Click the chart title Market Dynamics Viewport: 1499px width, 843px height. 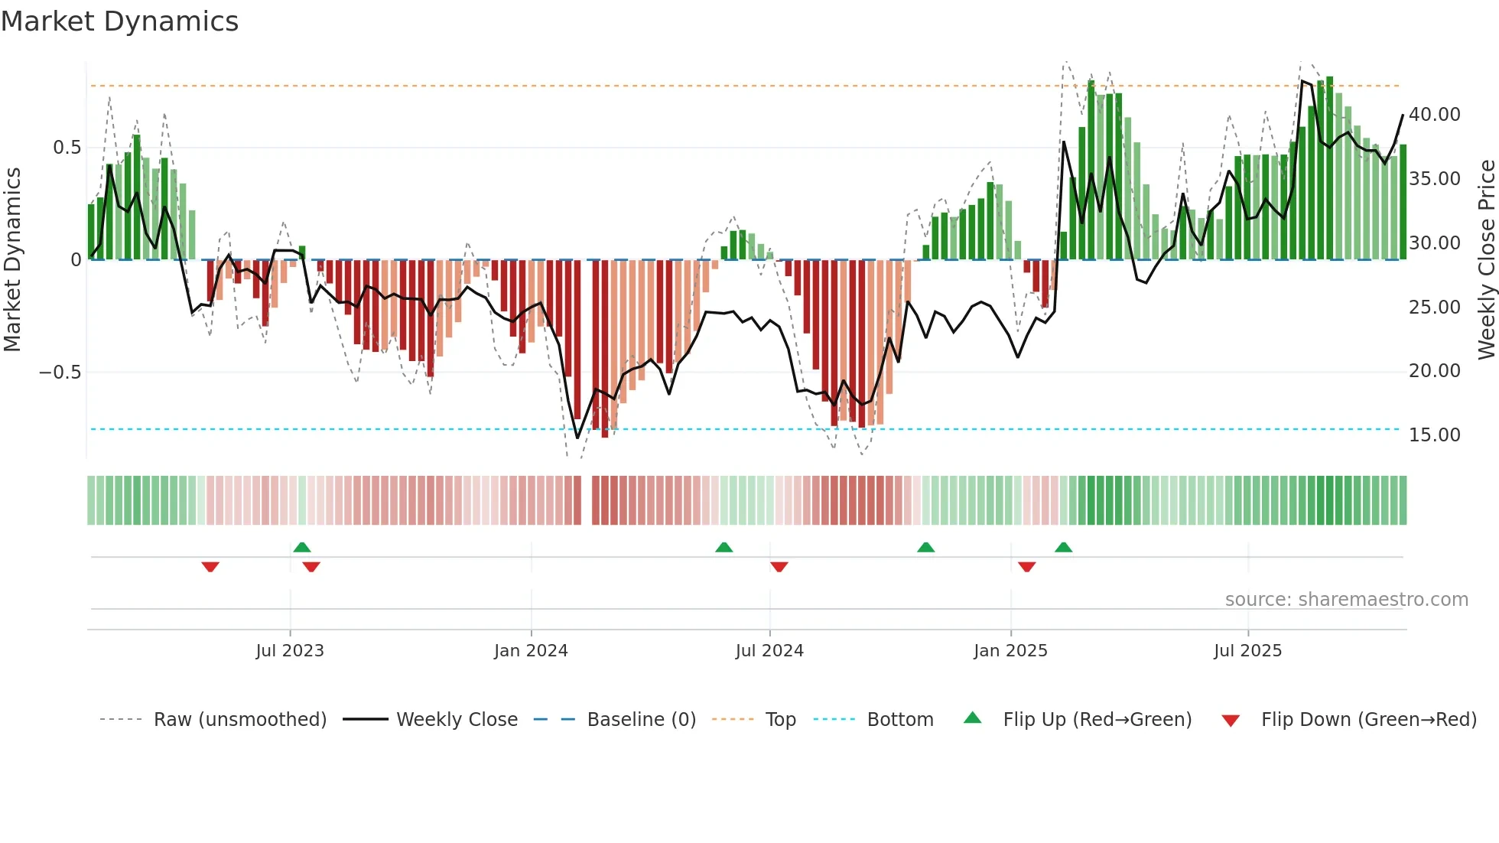pos(119,21)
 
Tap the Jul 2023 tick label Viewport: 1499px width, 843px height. pos(290,651)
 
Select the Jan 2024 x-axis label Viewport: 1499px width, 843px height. pos(531,651)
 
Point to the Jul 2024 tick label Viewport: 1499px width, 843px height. pos(769,651)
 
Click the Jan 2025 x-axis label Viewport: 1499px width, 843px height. pos(1010,651)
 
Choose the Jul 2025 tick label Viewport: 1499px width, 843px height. pos(1247,651)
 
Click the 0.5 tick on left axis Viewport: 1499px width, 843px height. pos(67,148)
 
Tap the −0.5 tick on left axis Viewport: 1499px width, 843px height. pos(60,373)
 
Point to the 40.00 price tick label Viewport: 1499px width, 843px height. pos(1435,115)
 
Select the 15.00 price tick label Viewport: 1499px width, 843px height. pos(1435,435)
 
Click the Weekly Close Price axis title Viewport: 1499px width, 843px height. pos(1486,260)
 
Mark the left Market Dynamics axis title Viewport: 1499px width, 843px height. pos(12,260)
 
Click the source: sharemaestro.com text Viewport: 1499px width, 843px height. pos(1346,600)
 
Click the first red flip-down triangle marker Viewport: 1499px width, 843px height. pos(210,567)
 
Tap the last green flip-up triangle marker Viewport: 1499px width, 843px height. pos(1063,547)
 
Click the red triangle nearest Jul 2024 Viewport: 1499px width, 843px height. pos(779,567)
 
